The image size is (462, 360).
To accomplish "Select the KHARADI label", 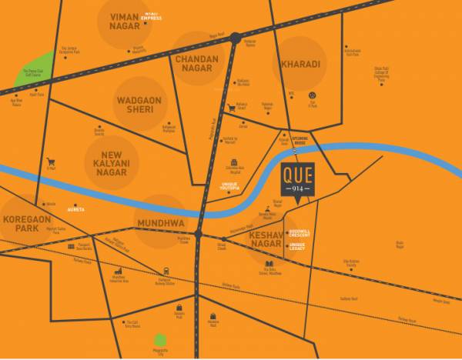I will tap(300, 64).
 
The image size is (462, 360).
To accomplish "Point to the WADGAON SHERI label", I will tap(140, 105).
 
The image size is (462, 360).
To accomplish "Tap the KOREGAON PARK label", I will tap(26, 224).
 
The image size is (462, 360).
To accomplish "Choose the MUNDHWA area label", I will tap(161, 223).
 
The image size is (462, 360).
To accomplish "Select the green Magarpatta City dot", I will tap(160, 340).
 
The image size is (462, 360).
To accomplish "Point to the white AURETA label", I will tap(75, 209).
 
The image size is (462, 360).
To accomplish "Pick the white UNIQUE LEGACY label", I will tap(297, 246).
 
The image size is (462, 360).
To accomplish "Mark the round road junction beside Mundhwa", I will tap(198, 233).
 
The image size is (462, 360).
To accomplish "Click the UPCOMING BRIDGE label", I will tap(295, 142).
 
